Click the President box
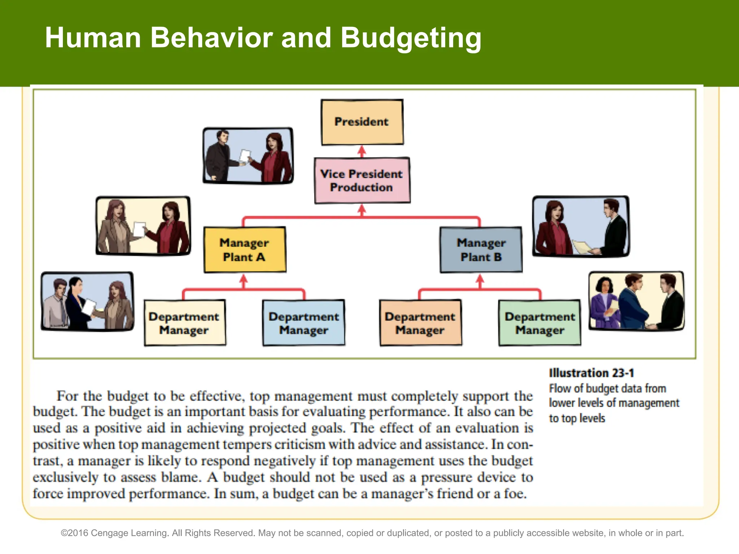(362, 122)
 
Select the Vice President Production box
(362, 180)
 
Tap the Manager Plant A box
(245, 250)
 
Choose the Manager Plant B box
(481, 250)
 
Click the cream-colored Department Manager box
(185, 323)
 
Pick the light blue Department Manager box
(303, 323)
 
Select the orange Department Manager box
(420, 323)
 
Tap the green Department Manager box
(540, 323)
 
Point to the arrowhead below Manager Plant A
(244, 279)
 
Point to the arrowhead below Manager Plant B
(480, 279)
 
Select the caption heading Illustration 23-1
(591, 373)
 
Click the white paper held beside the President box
(245, 157)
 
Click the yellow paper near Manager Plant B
(582, 247)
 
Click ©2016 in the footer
(74, 533)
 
